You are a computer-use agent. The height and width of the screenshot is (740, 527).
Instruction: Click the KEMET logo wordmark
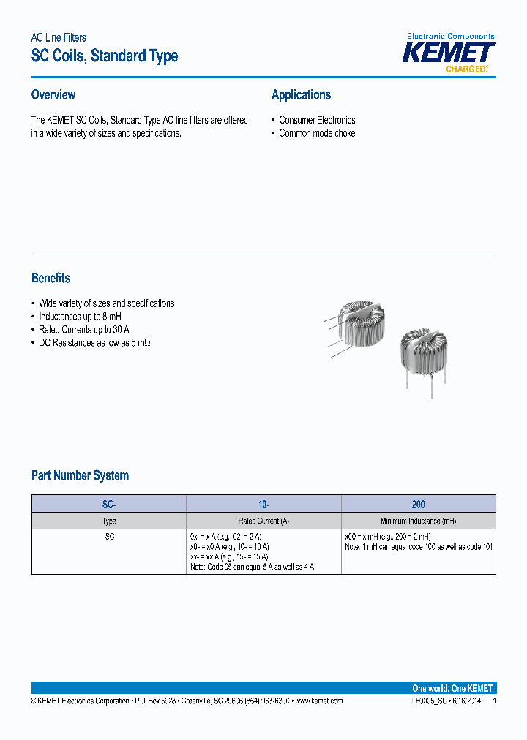[x=450, y=53]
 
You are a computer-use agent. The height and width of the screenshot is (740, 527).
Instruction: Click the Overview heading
[x=53, y=95]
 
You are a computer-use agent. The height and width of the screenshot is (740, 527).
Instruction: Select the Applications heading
[x=301, y=95]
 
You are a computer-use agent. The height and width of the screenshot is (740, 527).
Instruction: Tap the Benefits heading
[x=51, y=278]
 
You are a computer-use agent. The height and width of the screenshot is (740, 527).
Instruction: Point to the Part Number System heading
[x=80, y=475]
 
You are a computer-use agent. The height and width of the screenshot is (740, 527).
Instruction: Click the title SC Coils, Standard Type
[x=104, y=56]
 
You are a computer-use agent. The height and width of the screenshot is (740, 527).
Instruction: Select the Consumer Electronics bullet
[x=317, y=120]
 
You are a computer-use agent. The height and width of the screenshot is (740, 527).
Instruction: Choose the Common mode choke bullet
[x=317, y=133]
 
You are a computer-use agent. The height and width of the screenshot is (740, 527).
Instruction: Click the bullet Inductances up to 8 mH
[x=80, y=317]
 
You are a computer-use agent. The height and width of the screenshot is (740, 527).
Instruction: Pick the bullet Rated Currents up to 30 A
[x=83, y=330]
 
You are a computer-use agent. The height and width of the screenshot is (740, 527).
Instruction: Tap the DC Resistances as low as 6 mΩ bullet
[x=94, y=343]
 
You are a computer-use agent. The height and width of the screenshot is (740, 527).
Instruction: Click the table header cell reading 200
[x=418, y=504]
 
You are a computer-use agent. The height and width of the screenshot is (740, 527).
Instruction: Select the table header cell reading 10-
[x=263, y=504]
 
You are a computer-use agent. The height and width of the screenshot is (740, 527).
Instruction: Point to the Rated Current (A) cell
[x=263, y=521]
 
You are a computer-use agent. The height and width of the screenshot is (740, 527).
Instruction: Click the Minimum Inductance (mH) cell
[x=418, y=521]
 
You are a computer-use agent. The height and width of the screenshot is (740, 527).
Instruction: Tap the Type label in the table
[x=109, y=521]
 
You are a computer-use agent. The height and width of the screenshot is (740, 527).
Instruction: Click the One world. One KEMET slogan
[x=452, y=688]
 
